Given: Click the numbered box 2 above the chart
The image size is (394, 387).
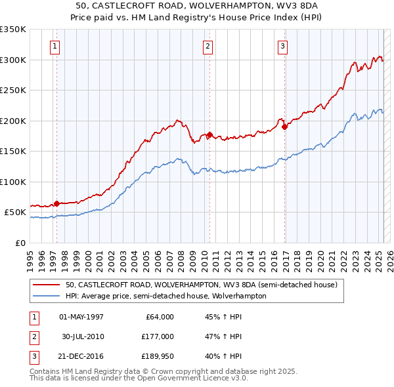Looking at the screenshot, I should (x=208, y=46).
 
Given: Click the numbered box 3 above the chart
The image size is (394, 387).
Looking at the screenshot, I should (x=282, y=46).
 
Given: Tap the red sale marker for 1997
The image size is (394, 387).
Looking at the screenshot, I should (x=56, y=203).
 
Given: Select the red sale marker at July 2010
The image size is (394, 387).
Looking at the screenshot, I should (x=209, y=135).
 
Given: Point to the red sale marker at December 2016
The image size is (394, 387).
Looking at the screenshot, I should (x=284, y=127).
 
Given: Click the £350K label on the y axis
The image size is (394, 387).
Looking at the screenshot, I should (x=13, y=30).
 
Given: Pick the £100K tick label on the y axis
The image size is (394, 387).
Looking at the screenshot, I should (x=13, y=182).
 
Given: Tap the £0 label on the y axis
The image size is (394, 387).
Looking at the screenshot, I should (x=20, y=243).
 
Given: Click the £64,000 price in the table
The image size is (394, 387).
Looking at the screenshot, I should (x=158, y=317).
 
